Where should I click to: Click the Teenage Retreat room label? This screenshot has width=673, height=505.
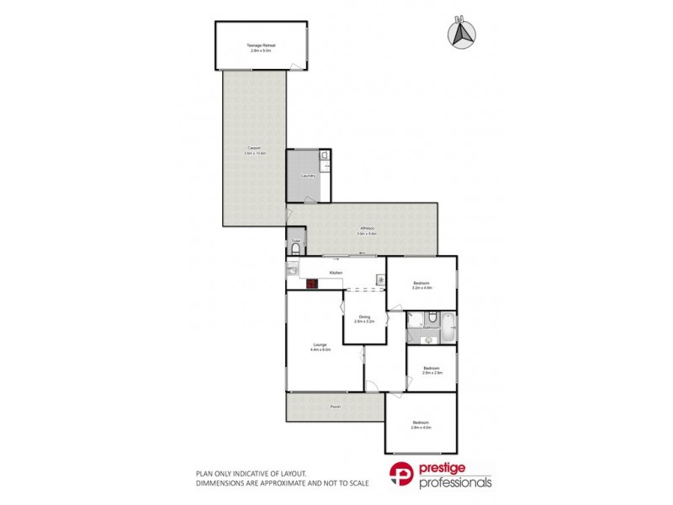coord(262,45)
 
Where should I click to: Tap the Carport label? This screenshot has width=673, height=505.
coord(254,149)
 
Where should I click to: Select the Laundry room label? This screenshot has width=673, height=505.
coord(309,176)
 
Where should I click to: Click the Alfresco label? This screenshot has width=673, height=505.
coord(366,228)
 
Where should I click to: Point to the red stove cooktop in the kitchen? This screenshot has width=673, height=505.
coord(311,284)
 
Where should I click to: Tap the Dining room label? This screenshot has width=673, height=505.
coord(364,316)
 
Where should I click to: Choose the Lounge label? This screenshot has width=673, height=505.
coord(321,344)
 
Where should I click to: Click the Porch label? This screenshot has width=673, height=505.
coord(335,407)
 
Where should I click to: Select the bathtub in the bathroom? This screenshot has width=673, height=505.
coord(449,327)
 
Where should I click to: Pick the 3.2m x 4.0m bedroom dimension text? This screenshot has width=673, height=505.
coord(421,288)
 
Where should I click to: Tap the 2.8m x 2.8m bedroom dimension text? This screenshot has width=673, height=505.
coord(432,372)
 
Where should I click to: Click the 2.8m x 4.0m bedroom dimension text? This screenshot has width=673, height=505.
coord(421,428)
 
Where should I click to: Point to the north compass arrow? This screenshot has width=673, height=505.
coord(460,31)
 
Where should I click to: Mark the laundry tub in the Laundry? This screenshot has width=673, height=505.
coord(324,157)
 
